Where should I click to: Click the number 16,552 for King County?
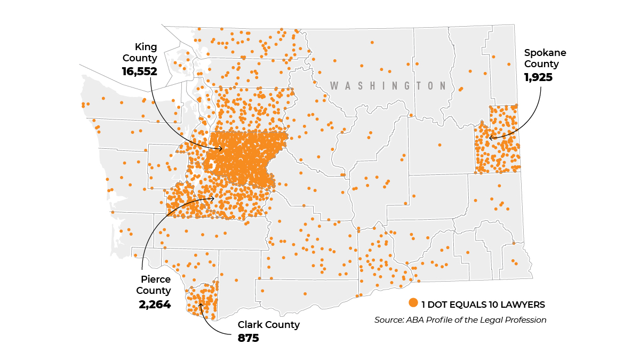(140, 70)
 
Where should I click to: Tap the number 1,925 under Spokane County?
(538, 77)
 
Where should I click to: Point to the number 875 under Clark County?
(248, 338)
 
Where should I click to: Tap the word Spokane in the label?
(545, 53)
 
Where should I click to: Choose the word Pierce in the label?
(156, 279)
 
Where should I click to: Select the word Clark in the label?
(250, 325)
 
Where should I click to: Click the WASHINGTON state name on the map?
(388, 86)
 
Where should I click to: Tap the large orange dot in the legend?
(413, 303)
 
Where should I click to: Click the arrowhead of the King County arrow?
(221, 149)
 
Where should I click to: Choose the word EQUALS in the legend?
(467, 305)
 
